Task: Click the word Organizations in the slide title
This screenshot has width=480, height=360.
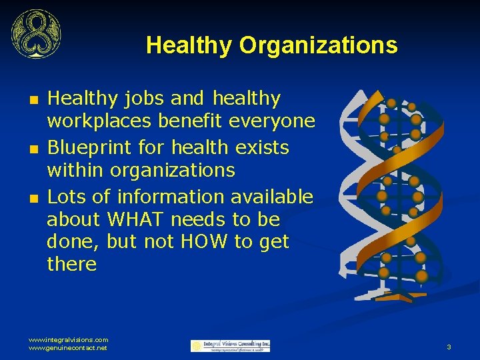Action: point(318,45)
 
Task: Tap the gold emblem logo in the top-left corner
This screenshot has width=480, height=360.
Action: point(35,34)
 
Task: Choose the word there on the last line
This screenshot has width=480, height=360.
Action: point(72,264)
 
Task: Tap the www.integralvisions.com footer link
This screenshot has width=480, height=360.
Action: point(68,339)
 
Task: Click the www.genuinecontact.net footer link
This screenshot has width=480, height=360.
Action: point(68,348)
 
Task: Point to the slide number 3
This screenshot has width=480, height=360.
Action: point(449,347)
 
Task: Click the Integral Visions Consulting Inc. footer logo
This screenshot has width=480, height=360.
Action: point(231,345)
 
